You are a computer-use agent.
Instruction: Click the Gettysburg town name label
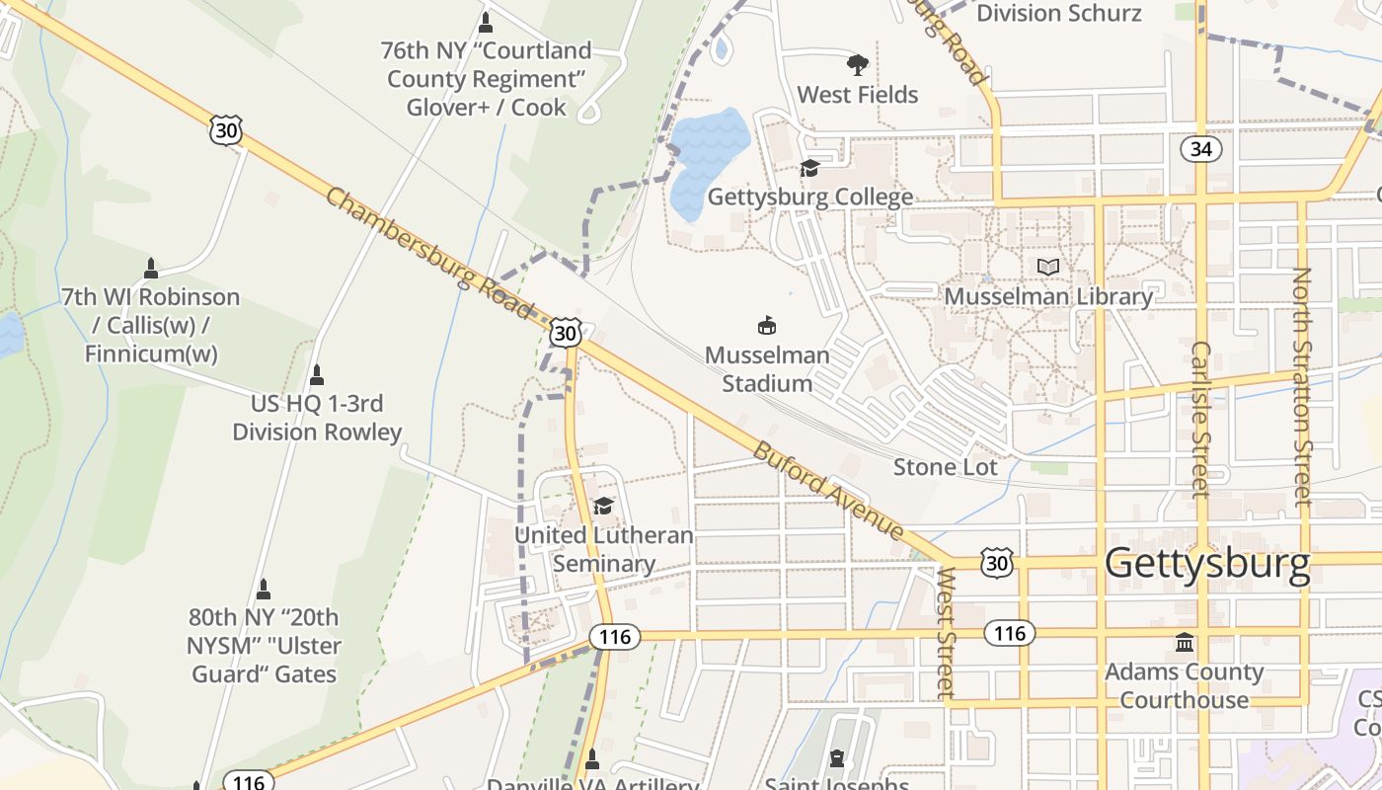1206,563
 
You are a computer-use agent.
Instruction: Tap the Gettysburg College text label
809,197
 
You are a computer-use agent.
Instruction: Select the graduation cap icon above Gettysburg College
809,168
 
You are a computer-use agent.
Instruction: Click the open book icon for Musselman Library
1047,267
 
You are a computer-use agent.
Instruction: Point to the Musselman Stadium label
767,368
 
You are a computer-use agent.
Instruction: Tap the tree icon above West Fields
858,65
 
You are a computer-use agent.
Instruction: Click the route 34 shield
1200,149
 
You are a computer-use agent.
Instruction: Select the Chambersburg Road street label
428,253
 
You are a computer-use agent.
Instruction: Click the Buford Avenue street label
828,491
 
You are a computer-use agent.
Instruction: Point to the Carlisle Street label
1200,419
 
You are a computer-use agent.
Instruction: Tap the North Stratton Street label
1303,386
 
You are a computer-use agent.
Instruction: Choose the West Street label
946,632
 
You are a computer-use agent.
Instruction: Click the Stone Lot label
945,467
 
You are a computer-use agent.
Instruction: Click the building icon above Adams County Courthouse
1184,643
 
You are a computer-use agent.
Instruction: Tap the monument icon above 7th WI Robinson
151,268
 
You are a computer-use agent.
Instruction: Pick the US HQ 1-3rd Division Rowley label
317,418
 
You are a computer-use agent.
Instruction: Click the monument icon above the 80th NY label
263,590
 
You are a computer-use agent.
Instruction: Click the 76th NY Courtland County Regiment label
487,78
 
